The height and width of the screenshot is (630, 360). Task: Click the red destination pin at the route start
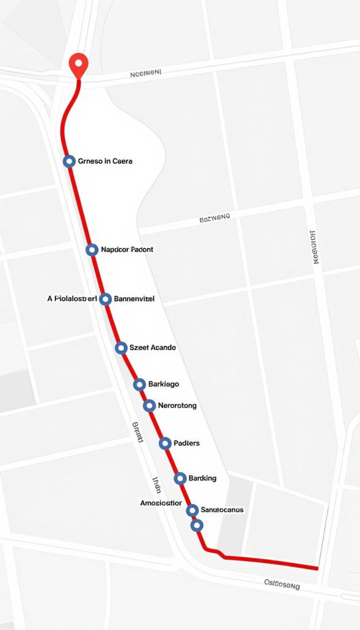78,63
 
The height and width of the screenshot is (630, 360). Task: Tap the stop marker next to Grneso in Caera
69,161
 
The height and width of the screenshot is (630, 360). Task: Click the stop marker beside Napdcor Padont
92,250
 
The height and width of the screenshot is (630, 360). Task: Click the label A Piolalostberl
72,299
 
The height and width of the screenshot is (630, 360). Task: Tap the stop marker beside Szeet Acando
121,348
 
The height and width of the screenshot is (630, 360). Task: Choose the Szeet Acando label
153,348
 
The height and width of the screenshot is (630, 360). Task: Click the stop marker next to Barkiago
139,385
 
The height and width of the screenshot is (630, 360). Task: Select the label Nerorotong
177,405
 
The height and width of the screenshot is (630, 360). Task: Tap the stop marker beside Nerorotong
149,405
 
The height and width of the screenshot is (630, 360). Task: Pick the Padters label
186,443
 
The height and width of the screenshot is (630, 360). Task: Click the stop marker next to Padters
165,443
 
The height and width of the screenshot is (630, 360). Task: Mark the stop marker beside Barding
180,478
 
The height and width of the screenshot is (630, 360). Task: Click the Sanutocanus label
222,509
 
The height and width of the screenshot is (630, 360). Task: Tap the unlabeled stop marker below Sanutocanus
196,525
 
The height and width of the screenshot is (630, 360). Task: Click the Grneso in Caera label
105,161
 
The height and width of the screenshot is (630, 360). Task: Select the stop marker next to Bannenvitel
105,299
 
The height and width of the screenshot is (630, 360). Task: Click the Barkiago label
164,385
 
